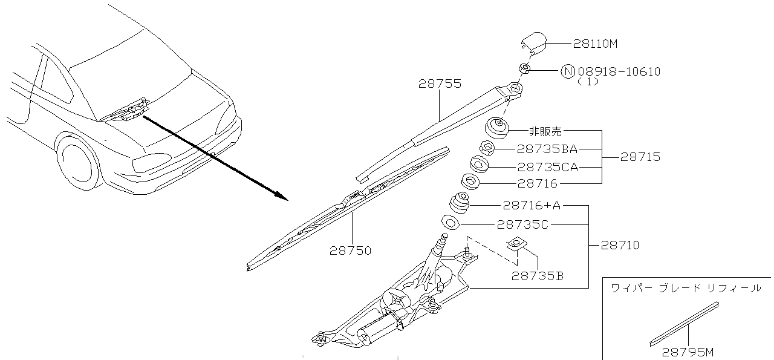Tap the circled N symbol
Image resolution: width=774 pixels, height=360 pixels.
567,71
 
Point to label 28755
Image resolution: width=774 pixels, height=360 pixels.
440,84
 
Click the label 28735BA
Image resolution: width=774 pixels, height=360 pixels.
547,148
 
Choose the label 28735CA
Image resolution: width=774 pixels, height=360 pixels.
547,166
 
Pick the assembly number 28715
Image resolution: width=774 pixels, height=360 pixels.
640,157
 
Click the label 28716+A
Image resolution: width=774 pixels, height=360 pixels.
532,206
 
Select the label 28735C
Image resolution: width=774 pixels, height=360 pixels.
522,224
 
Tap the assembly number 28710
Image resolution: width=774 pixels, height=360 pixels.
619,245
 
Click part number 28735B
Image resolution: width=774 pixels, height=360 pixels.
538,276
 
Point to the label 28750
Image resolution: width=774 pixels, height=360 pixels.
350,250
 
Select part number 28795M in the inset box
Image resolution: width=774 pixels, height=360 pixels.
688,351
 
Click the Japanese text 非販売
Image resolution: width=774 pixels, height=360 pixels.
545,130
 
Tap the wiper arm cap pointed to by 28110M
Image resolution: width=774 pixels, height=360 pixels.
533,43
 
